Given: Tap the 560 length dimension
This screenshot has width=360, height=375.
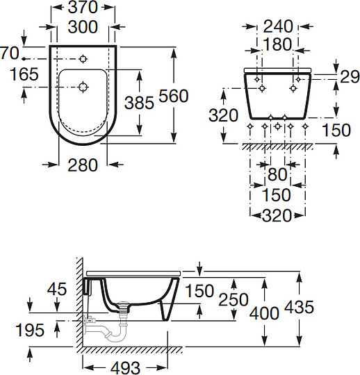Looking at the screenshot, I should (174, 96).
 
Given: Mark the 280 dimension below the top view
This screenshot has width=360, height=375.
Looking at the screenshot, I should (83, 164).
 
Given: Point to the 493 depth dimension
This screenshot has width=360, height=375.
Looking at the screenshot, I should (124, 366).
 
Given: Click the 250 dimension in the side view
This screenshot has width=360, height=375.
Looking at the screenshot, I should (234, 299).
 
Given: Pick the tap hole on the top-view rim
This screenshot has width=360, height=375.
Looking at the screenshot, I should (83, 58).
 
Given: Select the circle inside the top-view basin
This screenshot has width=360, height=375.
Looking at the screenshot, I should (83, 87).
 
